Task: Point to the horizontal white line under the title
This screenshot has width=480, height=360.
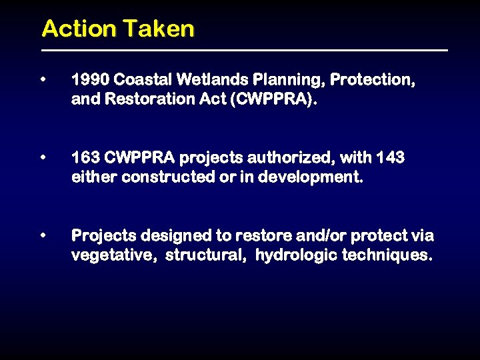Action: point(244,50)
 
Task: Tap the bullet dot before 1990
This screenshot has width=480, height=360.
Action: point(43,79)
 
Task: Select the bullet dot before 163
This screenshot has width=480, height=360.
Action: point(43,158)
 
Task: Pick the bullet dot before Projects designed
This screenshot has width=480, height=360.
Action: point(43,235)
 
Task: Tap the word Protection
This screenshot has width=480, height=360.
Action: point(373,80)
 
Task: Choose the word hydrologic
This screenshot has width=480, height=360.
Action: point(295,256)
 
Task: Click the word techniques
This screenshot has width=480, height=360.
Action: point(387,256)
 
